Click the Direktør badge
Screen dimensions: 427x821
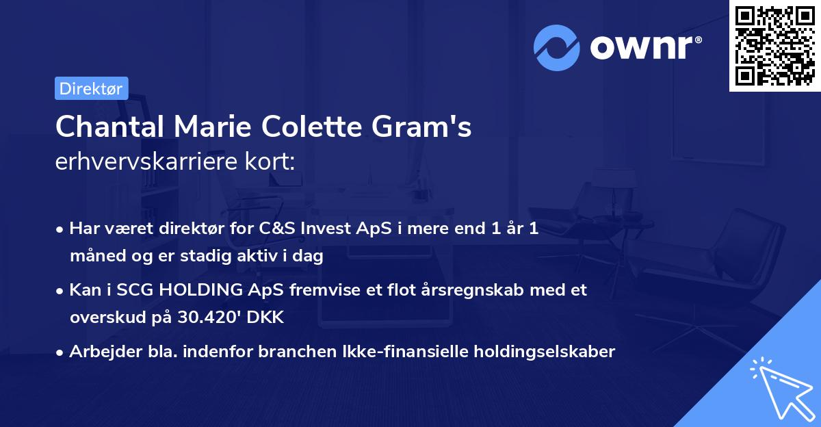coord(91,88)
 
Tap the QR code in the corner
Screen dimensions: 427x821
coord(773,45)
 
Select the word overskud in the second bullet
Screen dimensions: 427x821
coord(103,318)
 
